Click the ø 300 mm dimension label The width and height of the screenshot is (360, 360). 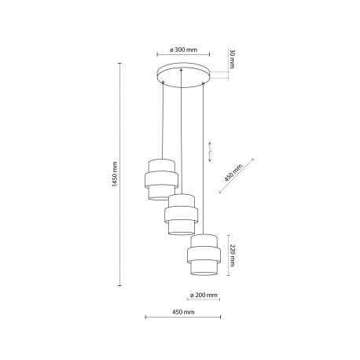tap(183, 50)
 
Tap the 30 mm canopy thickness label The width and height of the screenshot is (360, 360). tap(232, 58)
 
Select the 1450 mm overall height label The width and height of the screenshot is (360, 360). tap(115, 174)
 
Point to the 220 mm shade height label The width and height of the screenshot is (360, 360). tap(232, 255)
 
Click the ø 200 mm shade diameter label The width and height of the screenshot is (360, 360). tap(204, 295)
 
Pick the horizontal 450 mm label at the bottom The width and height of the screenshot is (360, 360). tap(183, 312)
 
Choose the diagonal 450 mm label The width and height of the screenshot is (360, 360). tap(233, 173)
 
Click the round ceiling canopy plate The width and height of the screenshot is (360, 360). tap(183, 75)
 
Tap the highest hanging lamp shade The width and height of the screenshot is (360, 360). tap(162, 179)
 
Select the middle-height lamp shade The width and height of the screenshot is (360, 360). tap(182, 215)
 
